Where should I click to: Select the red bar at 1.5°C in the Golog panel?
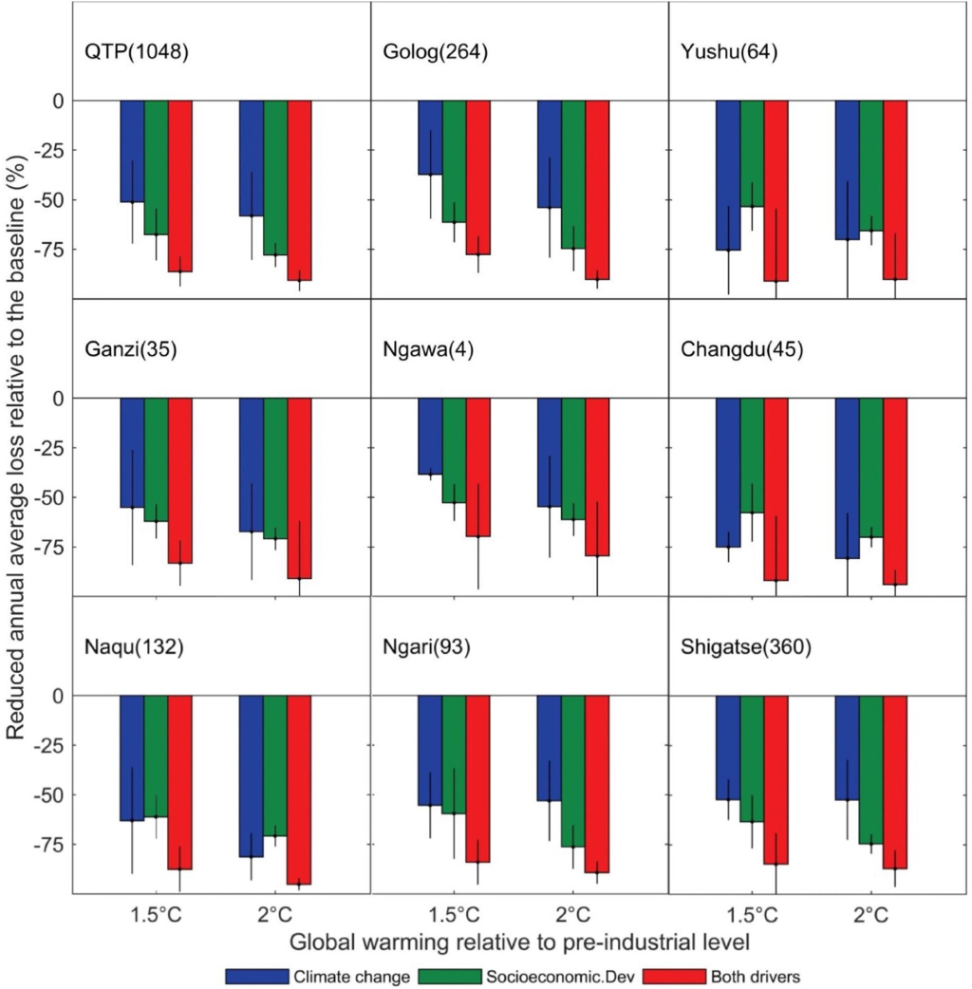[478, 177]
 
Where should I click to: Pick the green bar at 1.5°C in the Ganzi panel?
[156, 459]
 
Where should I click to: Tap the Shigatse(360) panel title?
[745, 648]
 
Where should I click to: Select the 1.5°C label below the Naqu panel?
[156, 915]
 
